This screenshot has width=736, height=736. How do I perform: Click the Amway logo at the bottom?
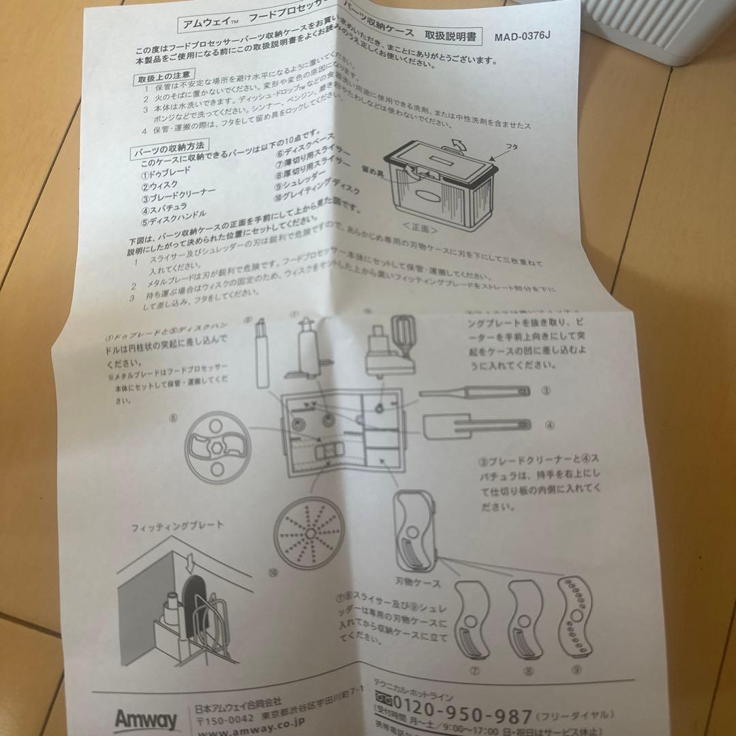click(146, 720)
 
